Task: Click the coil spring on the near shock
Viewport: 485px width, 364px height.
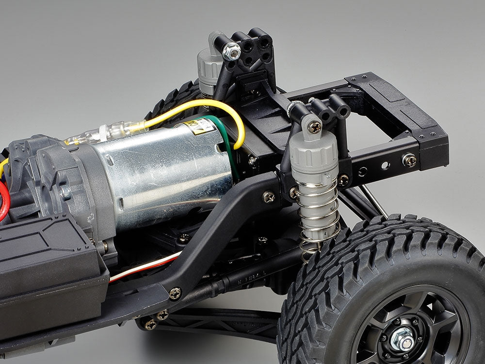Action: tap(318, 218)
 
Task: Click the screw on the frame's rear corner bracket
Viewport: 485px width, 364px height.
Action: tap(408, 160)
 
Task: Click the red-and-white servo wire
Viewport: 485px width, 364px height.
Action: tap(145, 267)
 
